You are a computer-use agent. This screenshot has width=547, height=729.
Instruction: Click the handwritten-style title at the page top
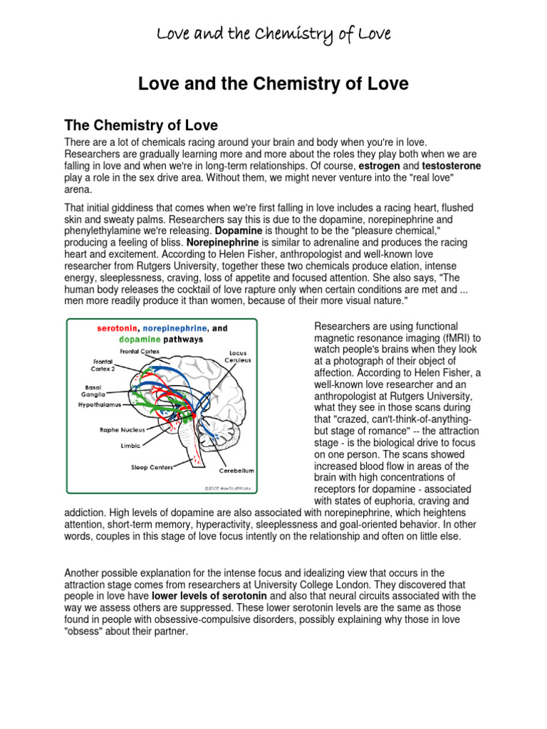[273, 33]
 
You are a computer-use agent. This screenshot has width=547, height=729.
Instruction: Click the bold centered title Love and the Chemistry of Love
[273, 84]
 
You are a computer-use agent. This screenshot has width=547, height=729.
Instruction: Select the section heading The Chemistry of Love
[141, 126]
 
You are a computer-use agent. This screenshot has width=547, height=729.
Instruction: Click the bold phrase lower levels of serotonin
[209, 595]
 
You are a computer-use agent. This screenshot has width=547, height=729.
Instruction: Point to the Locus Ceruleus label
[237, 356]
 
